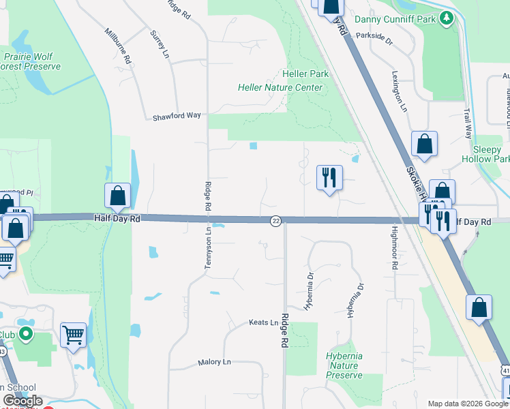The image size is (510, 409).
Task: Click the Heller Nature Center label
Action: coord(280,87)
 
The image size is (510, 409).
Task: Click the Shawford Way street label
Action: coord(177,115)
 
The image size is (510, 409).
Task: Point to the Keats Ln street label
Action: coord(264,322)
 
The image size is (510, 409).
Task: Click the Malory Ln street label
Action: coord(215,363)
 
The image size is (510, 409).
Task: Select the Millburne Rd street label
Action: coord(118,46)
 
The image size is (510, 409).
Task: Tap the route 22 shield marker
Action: coord(275,221)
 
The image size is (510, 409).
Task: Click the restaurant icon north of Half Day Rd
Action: coord(329,177)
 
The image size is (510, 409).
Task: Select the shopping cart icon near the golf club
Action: coord(73,335)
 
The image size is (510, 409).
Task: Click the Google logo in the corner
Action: coord(22,401)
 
